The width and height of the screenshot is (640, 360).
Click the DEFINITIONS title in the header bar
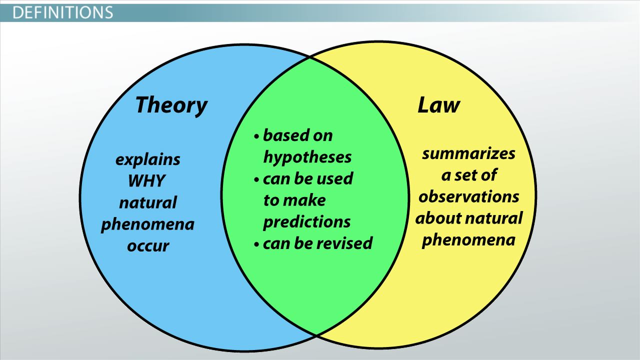click(62, 12)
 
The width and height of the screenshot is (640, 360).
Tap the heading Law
click(438, 105)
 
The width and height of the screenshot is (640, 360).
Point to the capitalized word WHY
click(146, 180)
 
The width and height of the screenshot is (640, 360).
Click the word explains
click(147, 160)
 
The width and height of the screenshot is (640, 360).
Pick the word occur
click(148, 246)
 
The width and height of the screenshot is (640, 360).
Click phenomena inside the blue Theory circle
click(147, 225)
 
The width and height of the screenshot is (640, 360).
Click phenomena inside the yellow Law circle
click(468, 240)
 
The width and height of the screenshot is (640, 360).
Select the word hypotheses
click(307, 157)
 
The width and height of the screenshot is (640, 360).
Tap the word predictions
click(306, 222)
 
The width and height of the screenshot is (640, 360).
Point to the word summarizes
click(468, 153)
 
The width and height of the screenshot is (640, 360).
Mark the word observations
click(468, 196)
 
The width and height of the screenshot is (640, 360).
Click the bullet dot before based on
click(256, 136)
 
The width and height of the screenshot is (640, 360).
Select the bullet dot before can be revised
click(256, 244)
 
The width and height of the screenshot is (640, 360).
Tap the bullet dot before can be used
click(256, 179)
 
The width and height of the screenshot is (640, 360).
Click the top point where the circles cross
click(310, 57)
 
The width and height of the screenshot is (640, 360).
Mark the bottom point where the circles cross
click(316, 334)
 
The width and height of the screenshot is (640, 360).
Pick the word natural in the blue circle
click(147, 203)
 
